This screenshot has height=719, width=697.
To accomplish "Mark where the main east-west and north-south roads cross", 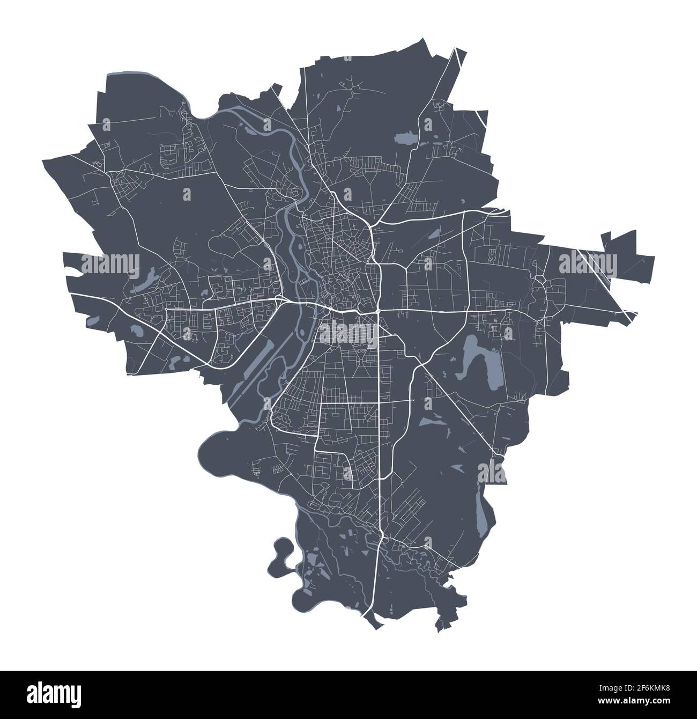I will [x=379, y=311].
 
